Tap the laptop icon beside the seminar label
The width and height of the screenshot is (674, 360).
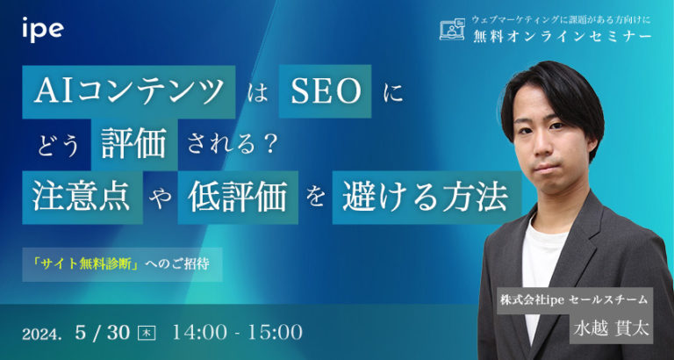(x=451, y=30)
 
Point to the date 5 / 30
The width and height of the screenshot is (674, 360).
(x=104, y=332)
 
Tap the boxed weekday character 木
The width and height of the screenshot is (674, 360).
(x=147, y=333)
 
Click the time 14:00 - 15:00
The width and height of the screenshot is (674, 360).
(x=238, y=332)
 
